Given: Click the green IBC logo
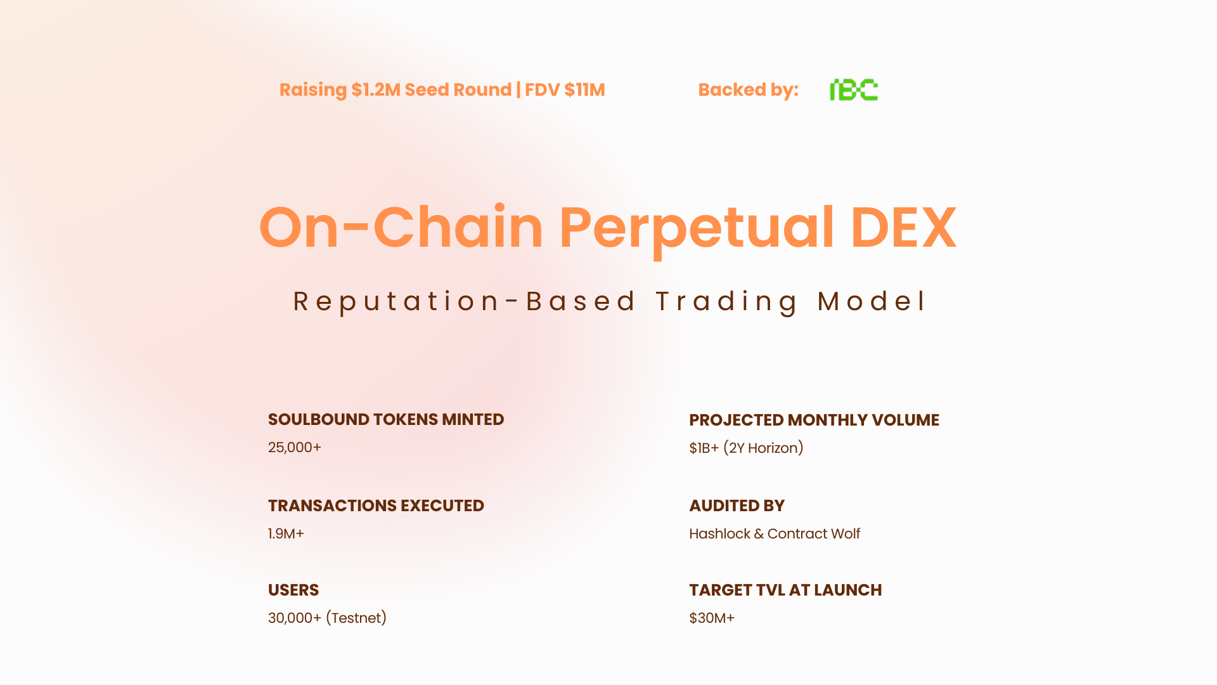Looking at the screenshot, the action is click(854, 90).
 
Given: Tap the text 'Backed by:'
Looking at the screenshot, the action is click(749, 90).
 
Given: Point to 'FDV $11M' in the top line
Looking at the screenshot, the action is click(565, 90).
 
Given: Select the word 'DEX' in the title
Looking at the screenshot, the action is click(903, 227).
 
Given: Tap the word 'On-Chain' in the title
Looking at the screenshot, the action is click(401, 227).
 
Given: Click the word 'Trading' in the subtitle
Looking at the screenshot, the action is click(726, 301).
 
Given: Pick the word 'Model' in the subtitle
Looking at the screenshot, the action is click(872, 301).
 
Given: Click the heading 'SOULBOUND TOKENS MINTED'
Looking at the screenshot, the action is click(386, 419).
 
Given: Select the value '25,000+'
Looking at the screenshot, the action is click(295, 447).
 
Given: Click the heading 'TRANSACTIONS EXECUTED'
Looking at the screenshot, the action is click(376, 506).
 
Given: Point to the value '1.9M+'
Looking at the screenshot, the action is click(286, 533).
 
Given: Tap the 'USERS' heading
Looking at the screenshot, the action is click(293, 590).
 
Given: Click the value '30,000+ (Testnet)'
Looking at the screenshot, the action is click(327, 618).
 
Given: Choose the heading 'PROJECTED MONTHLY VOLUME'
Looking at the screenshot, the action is click(814, 420).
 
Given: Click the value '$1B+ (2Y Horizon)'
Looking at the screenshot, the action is click(746, 448).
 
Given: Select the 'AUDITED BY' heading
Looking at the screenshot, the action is click(737, 506).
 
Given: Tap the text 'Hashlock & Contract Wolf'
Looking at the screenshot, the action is click(775, 533).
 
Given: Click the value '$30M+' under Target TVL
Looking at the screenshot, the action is click(712, 618).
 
